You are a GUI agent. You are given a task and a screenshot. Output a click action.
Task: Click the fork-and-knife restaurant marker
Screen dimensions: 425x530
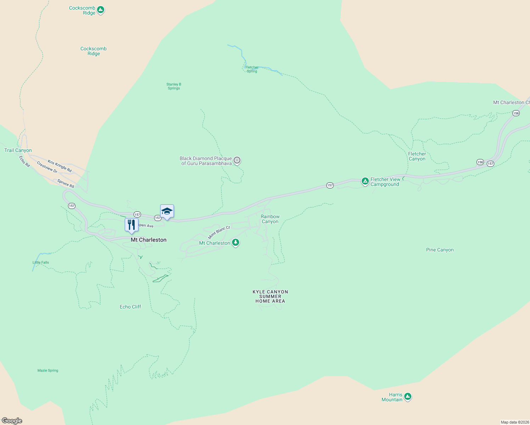pos(131,225)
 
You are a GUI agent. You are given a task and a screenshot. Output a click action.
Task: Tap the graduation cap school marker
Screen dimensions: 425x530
pos(167,211)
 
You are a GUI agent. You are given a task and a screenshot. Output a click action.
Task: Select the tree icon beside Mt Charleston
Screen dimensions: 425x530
pos(236,243)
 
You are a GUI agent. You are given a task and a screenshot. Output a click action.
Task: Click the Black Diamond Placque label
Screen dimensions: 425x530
pos(206,161)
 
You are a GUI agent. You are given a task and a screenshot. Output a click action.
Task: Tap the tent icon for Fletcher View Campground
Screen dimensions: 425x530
pos(365,181)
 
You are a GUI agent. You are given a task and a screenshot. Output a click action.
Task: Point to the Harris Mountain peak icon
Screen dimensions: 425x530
pos(408,396)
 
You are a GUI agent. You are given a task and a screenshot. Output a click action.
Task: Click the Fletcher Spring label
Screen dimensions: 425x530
pos(252,69)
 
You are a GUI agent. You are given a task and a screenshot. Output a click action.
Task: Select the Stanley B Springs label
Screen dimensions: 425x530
pos(174,86)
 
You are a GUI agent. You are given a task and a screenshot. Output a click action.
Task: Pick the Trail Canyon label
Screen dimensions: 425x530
pos(18,150)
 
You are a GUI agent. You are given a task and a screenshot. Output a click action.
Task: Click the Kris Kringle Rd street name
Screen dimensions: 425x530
pos(60,166)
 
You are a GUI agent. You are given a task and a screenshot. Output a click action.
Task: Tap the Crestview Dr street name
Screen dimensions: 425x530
pos(47,167)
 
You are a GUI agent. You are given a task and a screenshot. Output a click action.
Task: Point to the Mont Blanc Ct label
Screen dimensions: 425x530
pos(219,232)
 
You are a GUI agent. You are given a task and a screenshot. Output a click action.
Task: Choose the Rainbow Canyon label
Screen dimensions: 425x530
pos(270,219)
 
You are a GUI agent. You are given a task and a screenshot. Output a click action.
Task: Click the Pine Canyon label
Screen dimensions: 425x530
pos(440,250)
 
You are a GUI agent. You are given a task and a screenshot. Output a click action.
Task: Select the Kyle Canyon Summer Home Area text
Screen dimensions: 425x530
pos(270,296)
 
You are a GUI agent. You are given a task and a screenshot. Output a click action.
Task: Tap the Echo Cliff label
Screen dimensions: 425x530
pos(130,307)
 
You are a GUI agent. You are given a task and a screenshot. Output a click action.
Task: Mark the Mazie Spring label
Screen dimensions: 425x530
pos(48,370)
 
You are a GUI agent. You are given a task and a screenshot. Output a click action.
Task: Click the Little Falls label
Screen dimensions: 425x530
pos(41,262)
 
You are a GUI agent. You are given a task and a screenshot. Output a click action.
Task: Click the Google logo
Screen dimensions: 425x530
pos(12,421)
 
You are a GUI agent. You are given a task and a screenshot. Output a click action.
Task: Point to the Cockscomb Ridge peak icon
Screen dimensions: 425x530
pos(101,10)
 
